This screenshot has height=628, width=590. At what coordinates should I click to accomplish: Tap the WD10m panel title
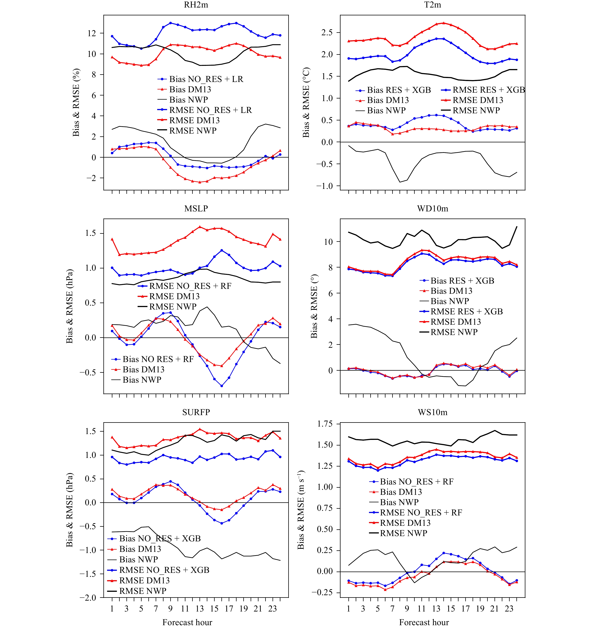click(x=432, y=209)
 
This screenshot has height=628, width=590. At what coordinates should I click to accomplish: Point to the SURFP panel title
click(x=196, y=412)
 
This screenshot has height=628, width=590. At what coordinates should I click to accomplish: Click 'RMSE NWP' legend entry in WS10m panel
click(x=398, y=533)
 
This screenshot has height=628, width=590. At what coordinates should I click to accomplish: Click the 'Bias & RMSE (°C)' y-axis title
click(x=306, y=102)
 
